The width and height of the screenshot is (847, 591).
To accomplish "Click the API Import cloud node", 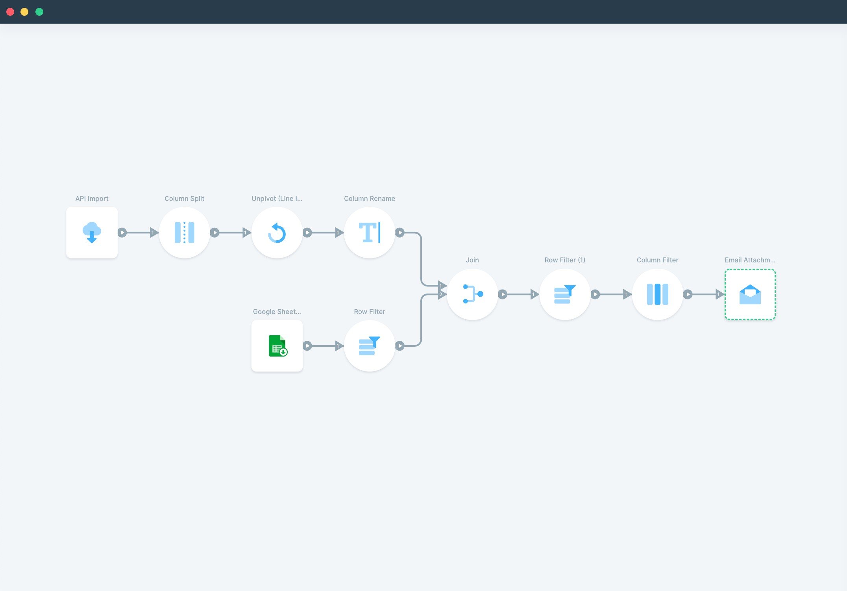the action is point(92,232).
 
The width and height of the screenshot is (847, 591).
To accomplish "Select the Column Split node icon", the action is point(184,232).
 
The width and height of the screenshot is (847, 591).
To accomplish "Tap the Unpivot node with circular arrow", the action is point(277,232).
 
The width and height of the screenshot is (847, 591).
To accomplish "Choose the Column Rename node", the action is point(370,232).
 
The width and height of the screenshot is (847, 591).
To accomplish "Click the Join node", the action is point(472,294).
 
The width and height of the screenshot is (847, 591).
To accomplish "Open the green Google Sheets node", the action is point(277,346).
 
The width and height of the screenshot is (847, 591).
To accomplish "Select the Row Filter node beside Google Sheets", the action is point(370,346).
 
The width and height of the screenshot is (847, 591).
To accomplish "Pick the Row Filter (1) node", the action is point(565,294).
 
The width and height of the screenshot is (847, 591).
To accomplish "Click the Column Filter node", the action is point(657,294).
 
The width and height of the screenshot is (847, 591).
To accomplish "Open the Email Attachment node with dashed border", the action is point(750,294).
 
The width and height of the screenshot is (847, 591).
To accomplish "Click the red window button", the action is point(11,12).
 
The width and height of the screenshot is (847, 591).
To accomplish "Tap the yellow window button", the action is point(24,12).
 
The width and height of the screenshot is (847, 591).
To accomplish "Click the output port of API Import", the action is point(122,232).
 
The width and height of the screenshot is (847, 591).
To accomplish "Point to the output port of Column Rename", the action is point(400,232).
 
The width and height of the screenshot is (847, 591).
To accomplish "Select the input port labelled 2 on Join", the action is point(442,294).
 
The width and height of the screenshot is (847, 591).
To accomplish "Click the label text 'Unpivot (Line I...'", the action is point(277,199).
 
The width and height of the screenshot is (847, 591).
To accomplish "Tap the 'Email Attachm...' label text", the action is point(750,260).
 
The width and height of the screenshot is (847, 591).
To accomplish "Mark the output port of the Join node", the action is point(503,294).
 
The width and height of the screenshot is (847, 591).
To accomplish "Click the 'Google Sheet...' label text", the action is point(277,312).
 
